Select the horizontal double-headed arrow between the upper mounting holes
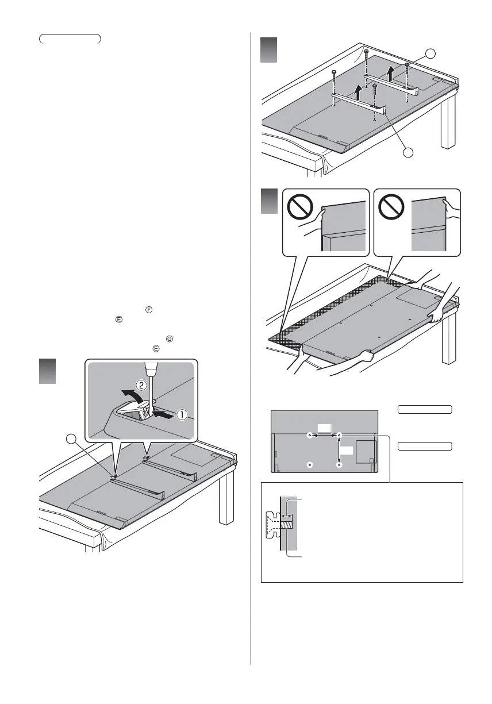(x=325, y=436)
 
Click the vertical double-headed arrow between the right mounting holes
(x=339, y=449)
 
